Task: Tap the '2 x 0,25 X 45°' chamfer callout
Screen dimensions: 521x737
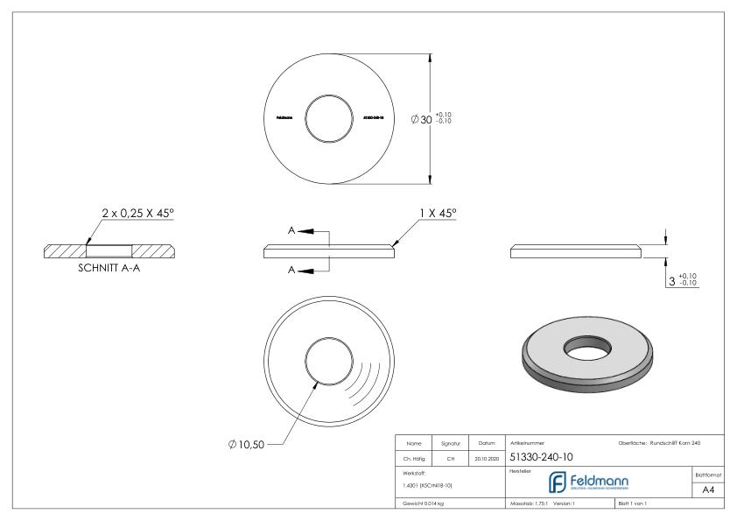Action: coord(139,214)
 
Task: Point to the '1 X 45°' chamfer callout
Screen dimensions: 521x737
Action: coord(438,214)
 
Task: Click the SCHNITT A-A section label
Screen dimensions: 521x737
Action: coord(109,270)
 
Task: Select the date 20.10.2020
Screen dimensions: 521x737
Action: coord(487,457)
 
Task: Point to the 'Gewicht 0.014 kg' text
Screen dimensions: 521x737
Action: coord(423,503)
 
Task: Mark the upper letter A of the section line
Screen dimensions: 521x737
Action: coord(291,231)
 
